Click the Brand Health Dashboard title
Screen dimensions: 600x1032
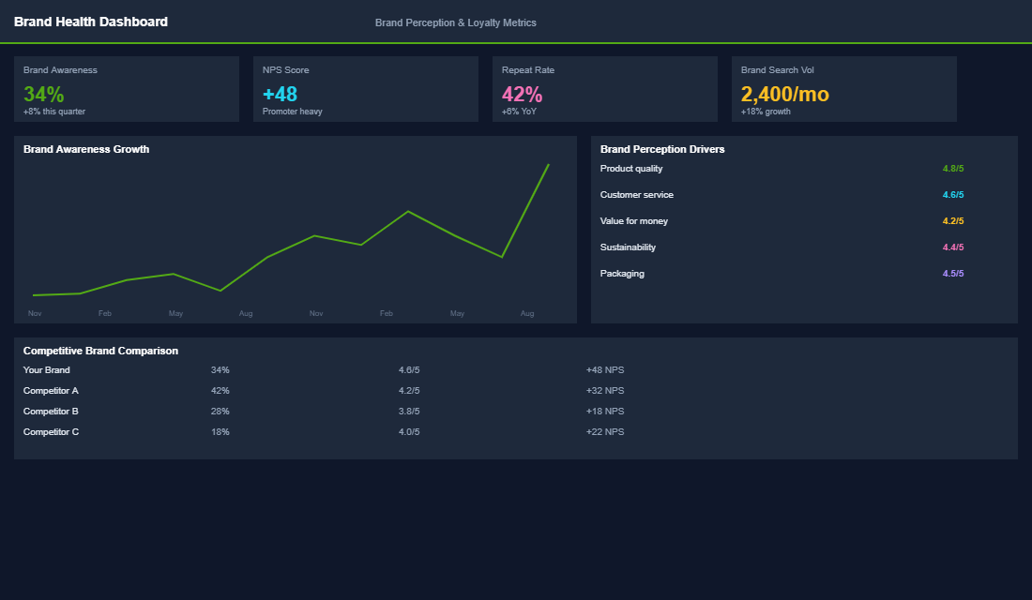(x=91, y=22)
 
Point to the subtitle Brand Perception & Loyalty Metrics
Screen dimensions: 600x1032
(x=455, y=22)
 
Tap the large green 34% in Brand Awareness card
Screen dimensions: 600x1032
(x=44, y=94)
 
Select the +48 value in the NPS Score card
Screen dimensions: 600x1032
(x=280, y=94)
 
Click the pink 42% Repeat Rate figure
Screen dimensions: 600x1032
(x=522, y=94)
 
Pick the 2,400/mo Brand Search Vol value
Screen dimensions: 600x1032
(x=784, y=94)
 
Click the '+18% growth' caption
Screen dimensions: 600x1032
(x=766, y=112)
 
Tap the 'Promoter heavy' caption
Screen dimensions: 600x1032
(x=292, y=112)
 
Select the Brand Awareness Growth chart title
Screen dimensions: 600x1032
(x=86, y=149)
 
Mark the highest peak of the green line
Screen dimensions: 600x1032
(x=548, y=165)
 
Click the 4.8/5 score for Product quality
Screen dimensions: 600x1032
(x=952, y=169)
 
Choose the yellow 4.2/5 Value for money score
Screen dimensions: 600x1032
(x=952, y=221)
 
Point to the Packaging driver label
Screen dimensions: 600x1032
(x=622, y=274)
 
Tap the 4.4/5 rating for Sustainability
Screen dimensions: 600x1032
(x=952, y=247)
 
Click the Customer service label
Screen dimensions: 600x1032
(x=636, y=195)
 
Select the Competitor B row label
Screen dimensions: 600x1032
(x=51, y=412)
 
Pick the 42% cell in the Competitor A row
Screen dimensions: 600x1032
(x=220, y=391)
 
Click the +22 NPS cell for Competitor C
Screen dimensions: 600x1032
(x=604, y=432)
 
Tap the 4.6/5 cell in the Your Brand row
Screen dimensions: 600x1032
(x=409, y=370)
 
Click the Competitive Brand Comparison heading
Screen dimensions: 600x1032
(x=100, y=351)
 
